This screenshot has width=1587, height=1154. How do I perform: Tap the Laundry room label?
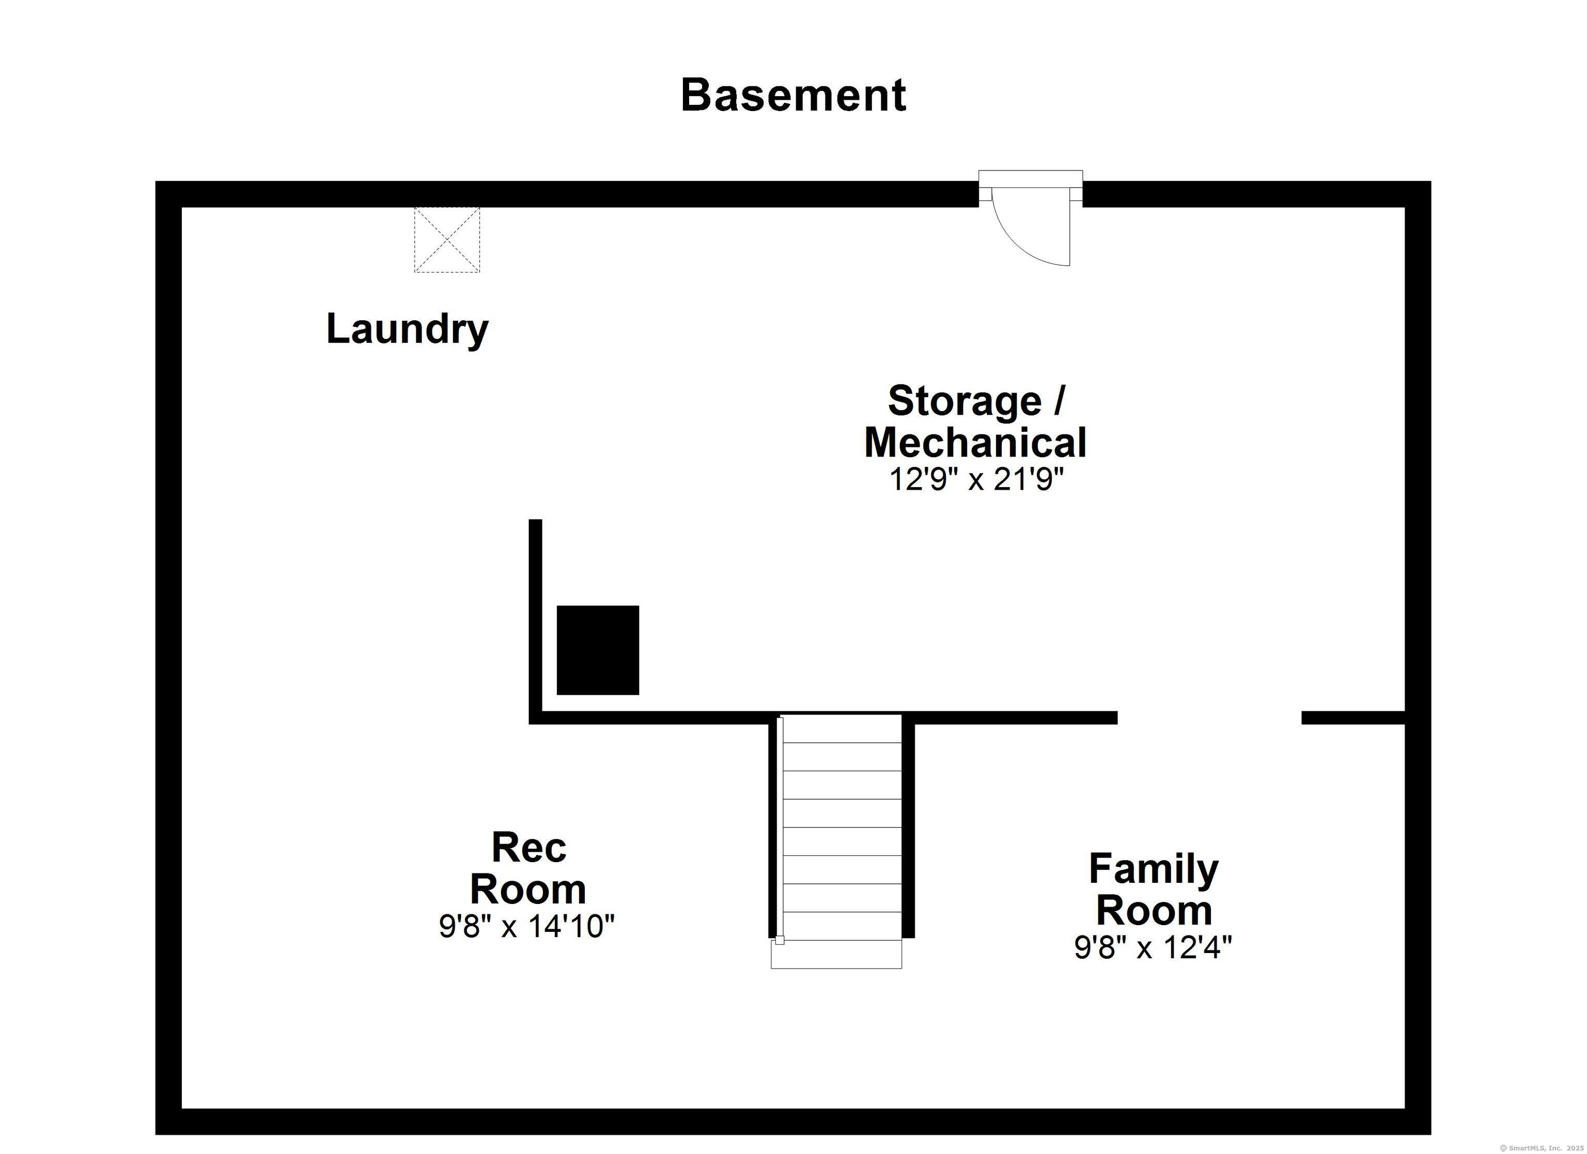coord(407,329)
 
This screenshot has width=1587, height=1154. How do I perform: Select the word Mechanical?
coord(975,442)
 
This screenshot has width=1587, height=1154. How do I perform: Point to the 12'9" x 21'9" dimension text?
coord(976,480)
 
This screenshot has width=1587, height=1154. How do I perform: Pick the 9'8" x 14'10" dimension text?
coord(526,927)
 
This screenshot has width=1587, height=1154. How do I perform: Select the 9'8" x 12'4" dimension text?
coord(1153,947)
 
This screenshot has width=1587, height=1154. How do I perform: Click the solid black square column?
coord(598,650)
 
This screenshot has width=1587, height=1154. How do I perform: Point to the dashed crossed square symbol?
coord(447,239)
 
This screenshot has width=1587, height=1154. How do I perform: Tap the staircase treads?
coord(842,826)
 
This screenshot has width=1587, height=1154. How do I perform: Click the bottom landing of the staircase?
coord(836,955)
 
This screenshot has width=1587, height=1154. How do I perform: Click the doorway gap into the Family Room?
coord(1209,718)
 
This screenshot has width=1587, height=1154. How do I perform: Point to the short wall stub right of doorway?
coord(1353,718)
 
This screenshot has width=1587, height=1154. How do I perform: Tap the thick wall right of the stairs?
coord(908,826)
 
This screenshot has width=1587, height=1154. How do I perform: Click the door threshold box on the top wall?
coord(1030,178)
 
